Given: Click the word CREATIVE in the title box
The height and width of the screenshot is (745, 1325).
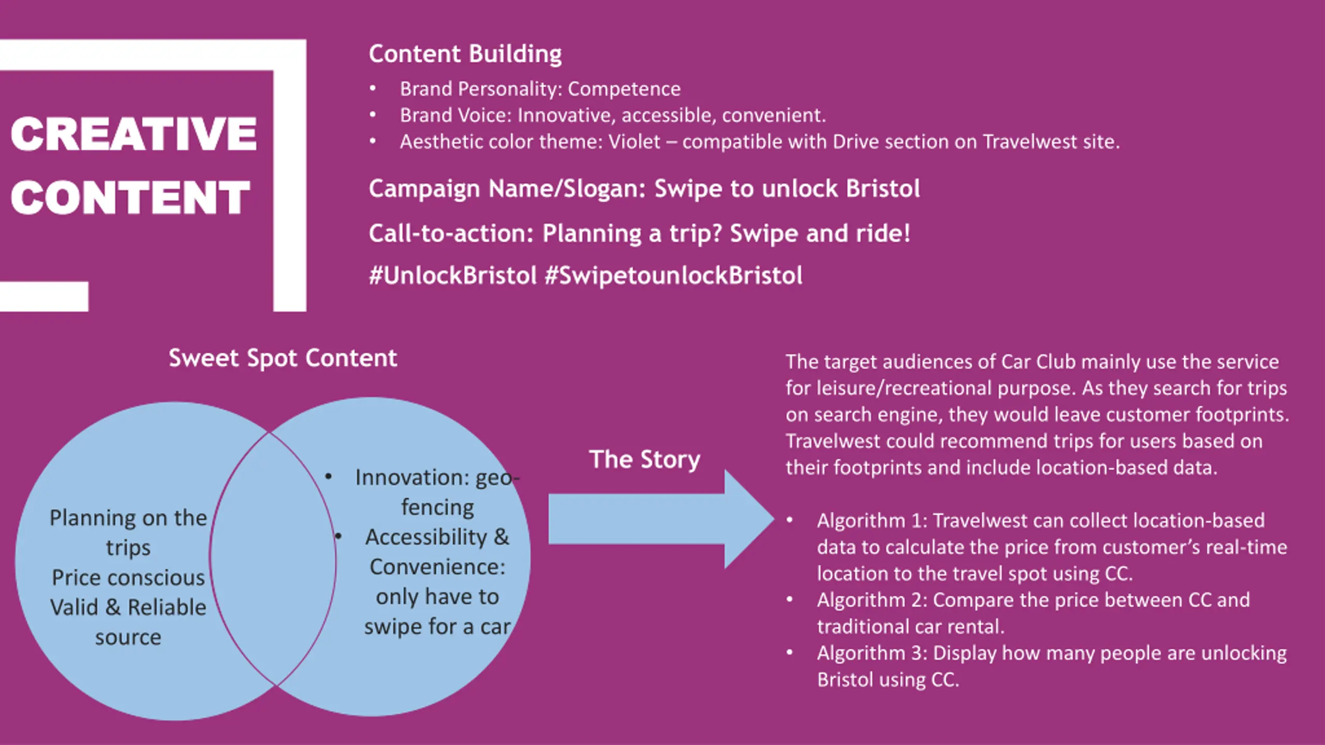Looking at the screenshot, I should point(134,134).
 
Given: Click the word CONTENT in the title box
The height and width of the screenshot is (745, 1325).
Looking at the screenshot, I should point(130,198).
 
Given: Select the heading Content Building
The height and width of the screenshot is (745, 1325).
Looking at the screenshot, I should point(465,54).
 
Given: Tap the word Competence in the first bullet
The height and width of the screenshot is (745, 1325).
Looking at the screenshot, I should point(624,89).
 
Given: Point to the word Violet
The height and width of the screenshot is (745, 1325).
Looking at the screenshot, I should point(634,142).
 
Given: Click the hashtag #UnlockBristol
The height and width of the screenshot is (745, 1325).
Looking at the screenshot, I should point(452,275).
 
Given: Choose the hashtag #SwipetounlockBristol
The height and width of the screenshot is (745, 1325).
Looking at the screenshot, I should point(673,275).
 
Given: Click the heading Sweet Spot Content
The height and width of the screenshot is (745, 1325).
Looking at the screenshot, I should point(283,358).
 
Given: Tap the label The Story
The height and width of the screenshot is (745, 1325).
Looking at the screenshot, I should point(644,459).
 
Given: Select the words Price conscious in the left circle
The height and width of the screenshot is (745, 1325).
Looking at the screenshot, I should point(128,577).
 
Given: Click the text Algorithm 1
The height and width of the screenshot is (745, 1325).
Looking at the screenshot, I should point(872,520).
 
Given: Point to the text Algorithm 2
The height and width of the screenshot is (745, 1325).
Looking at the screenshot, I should point(872,600).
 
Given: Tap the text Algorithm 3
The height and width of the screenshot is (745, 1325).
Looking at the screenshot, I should point(872,653).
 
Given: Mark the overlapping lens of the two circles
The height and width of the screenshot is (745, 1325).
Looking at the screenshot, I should point(273,559).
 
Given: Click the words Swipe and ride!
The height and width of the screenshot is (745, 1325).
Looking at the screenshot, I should point(820,233).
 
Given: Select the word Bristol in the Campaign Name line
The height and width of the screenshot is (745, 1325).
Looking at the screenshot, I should point(883,188).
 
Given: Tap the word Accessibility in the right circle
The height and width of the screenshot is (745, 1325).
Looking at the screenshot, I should point(426,537).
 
